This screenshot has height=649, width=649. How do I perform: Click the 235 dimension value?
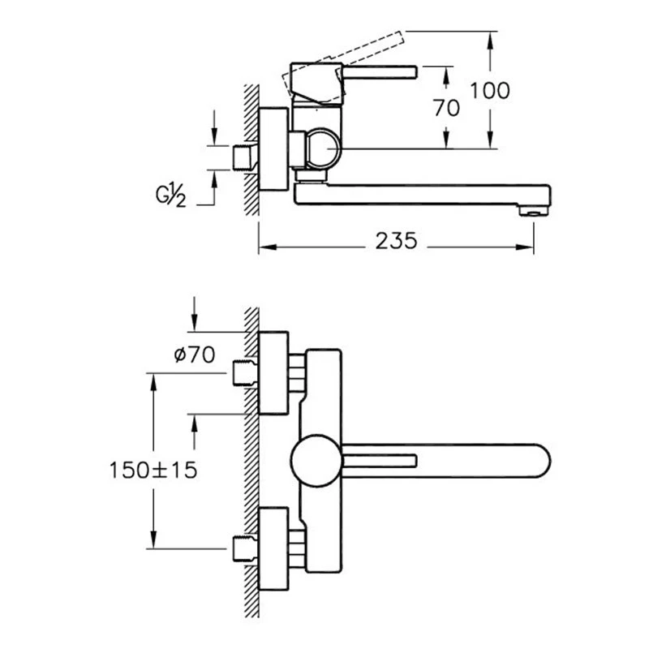click(396, 241)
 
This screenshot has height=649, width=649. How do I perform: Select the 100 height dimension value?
click(490, 91)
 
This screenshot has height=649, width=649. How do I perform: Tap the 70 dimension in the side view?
click(447, 108)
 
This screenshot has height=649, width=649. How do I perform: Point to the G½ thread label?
click(171, 196)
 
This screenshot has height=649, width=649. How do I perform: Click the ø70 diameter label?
click(195, 355)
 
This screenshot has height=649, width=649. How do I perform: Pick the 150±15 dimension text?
click(153, 470)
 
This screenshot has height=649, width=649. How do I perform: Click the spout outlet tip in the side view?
click(534, 212)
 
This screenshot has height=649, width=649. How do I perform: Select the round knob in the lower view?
click(316, 460)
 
